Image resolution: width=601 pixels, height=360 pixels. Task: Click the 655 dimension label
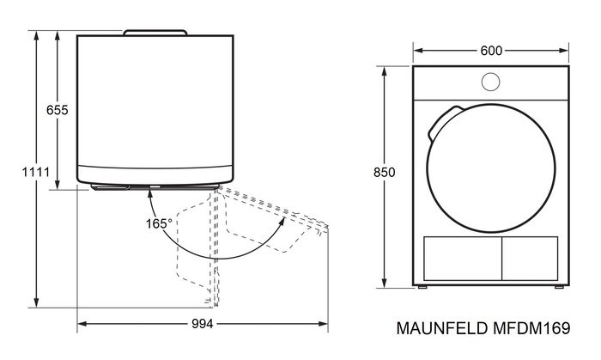click(58, 111)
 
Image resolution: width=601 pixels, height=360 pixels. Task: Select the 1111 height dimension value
click(36, 172)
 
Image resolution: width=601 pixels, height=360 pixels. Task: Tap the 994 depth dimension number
click(203, 324)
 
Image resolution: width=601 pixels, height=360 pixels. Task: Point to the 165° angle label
click(159, 223)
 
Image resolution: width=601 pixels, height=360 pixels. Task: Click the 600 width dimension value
click(491, 51)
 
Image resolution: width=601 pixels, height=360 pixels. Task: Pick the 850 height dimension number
click(384, 173)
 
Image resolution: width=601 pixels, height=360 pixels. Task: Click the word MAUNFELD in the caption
click(442, 328)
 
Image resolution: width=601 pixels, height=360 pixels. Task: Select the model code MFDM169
click(531, 328)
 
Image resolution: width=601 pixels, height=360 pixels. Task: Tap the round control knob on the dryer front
click(490, 82)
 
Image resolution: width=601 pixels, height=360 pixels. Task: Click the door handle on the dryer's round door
click(441, 121)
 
